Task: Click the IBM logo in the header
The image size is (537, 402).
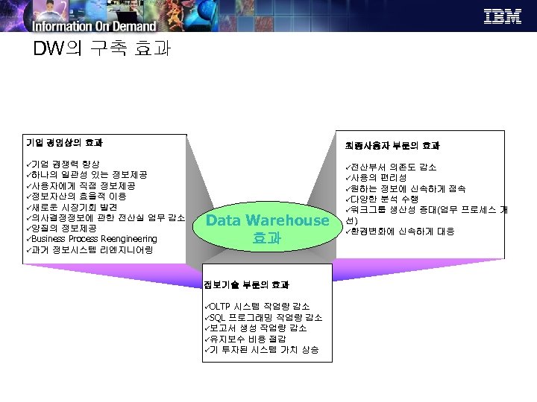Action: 503,16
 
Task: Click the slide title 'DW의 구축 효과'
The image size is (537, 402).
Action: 102,50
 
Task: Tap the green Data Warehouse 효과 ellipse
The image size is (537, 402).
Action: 267,229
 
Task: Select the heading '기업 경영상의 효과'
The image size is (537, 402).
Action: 64,143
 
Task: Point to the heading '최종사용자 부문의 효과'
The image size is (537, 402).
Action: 403,145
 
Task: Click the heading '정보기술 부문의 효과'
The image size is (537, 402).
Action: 247,284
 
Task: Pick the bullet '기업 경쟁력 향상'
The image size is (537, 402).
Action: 67,163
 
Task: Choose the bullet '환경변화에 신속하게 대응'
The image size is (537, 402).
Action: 402,232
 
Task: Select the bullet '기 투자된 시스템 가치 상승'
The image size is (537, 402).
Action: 263,349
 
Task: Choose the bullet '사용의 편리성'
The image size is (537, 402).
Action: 379,178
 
